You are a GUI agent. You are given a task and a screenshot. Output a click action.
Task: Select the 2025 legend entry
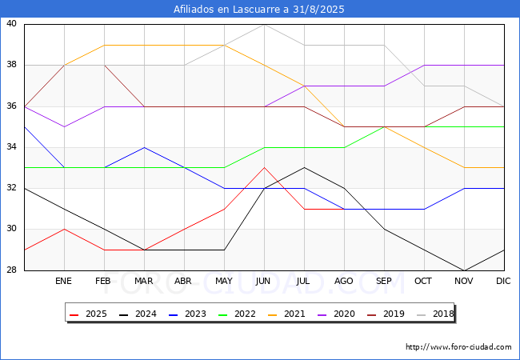click(88, 314)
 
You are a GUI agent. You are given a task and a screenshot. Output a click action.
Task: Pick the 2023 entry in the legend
click(188, 314)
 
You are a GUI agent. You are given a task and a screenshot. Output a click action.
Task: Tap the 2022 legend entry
click(237, 314)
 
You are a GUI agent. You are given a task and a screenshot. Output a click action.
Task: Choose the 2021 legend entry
click(287, 314)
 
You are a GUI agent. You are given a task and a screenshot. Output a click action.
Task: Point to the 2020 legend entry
click(336, 314)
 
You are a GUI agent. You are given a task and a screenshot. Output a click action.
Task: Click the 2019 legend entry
click(386, 314)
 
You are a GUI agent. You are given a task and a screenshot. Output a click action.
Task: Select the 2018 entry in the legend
click(435, 314)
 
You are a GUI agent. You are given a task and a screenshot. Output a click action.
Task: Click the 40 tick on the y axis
click(12, 24)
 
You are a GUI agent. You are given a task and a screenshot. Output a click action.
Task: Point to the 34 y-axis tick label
click(12, 147)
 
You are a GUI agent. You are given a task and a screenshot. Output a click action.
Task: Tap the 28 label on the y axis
click(12, 270)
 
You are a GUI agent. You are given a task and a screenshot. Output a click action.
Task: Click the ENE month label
click(63, 281)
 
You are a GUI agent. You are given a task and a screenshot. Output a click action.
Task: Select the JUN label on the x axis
click(263, 281)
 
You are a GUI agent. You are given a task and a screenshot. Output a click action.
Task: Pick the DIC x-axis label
click(503, 281)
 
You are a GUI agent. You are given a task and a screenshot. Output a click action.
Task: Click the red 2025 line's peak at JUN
click(264, 168)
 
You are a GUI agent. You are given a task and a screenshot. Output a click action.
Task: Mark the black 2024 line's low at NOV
click(464, 270)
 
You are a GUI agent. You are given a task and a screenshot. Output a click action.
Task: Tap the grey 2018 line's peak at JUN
click(264, 24)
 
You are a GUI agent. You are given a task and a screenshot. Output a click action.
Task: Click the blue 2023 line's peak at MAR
click(144, 147)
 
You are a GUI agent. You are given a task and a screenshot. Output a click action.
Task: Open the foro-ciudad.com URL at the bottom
click(458, 347)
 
